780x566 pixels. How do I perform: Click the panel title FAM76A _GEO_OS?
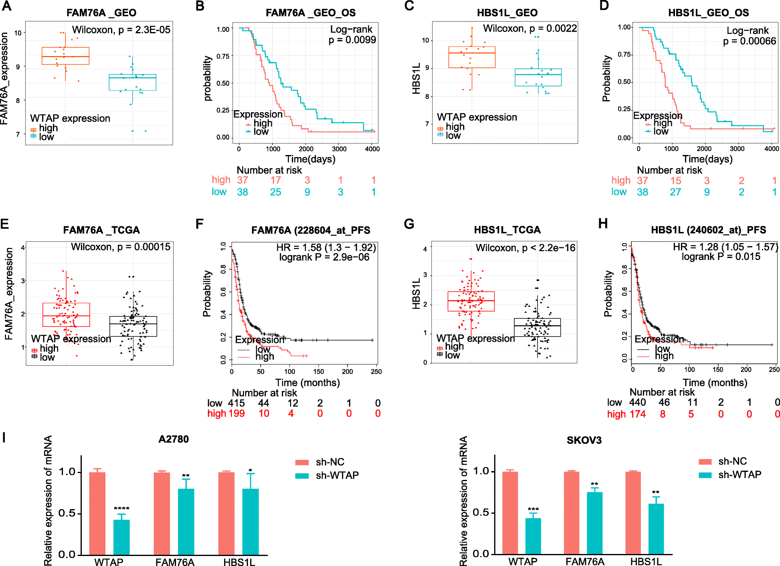[310, 13]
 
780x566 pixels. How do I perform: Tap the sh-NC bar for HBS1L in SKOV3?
[633, 513]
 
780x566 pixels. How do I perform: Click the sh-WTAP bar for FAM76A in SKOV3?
[594, 523]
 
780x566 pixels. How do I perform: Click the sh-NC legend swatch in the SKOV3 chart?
[705, 462]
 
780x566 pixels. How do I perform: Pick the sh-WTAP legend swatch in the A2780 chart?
[302, 476]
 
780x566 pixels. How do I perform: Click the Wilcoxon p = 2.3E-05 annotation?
[121, 30]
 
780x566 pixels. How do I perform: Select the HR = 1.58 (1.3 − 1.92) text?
[326, 248]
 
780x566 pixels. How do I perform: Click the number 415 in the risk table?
[236, 403]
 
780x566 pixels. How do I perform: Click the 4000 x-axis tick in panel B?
[372, 149]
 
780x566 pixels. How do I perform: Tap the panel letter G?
[409, 224]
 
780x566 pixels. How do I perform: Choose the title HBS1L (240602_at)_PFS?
[708, 230]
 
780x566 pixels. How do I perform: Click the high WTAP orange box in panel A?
[66, 56]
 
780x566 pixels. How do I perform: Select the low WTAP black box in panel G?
[537, 327]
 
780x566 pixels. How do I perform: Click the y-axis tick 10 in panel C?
[425, 40]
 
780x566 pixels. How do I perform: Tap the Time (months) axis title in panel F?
[307, 383]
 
